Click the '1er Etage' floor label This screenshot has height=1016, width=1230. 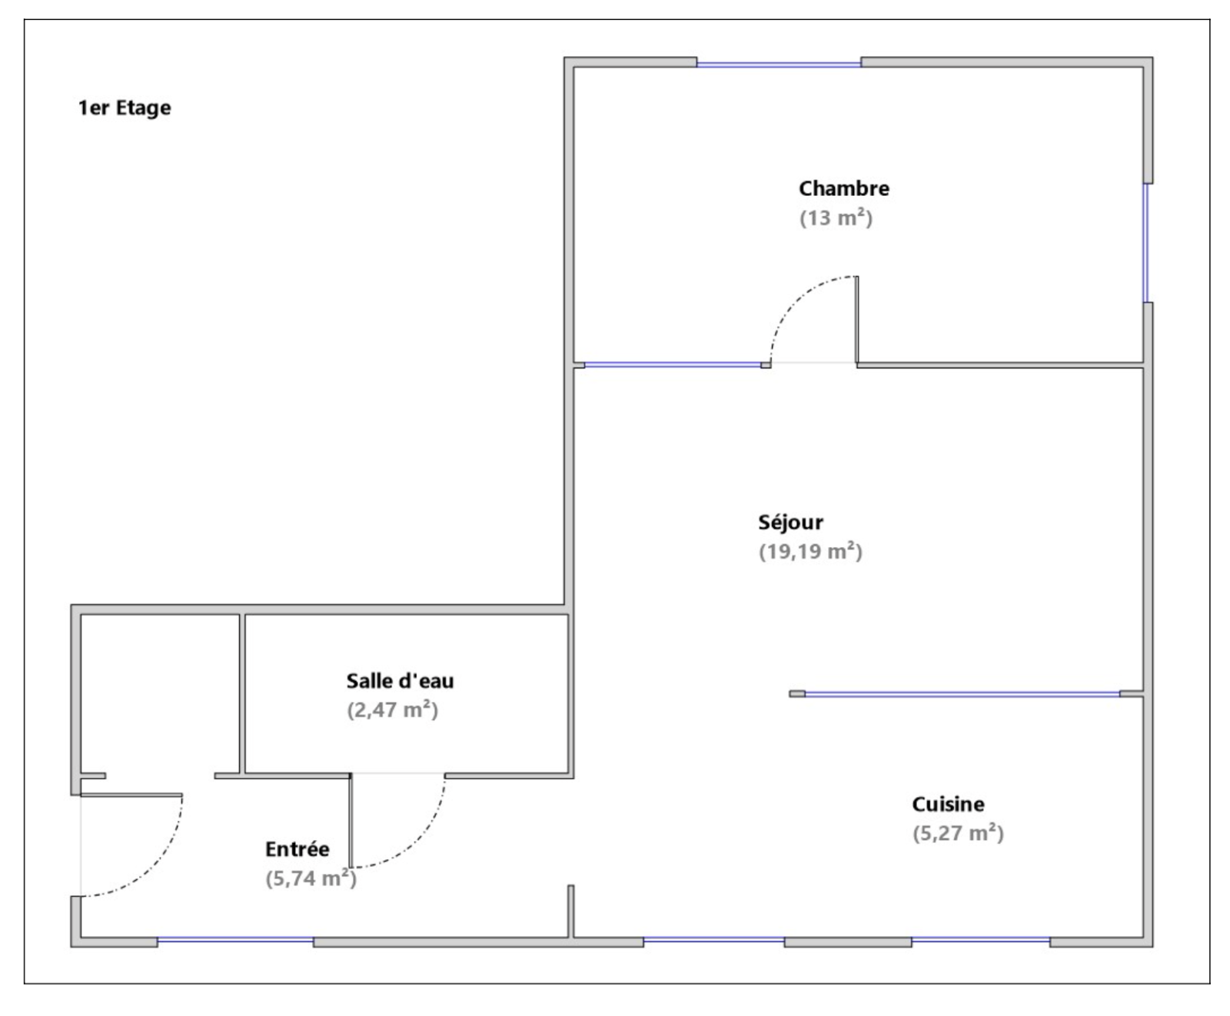point(125,108)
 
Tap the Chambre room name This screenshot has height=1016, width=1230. point(844,188)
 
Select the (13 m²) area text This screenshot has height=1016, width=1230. point(836,218)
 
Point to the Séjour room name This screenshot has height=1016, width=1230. point(790,523)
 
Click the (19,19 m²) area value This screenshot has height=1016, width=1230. point(810,552)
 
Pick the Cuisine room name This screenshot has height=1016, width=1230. point(948,805)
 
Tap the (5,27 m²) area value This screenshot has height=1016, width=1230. point(958,834)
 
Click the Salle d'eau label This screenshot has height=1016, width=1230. point(400,681)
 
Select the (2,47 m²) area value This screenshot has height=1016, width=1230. point(392,710)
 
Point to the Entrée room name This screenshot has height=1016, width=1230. point(298,849)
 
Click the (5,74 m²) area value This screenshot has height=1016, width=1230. point(311,878)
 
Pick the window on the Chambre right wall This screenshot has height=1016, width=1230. point(1145,243)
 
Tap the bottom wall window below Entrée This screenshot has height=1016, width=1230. point(235,940)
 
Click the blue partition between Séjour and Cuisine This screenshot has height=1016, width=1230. point(962,695)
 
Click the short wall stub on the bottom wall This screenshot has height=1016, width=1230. point(571,911)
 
